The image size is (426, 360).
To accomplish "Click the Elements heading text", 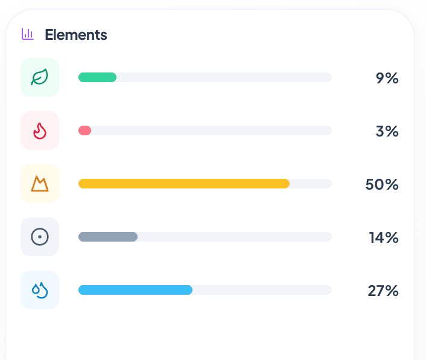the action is [76, 35].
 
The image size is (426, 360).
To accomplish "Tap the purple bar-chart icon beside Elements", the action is [27, 34].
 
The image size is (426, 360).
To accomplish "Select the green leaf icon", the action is [40, 77].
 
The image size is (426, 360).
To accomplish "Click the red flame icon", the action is [40, 131].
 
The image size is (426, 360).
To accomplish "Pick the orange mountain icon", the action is [40, 184].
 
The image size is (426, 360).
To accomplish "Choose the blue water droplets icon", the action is [40, 290].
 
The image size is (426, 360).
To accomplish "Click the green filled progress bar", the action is [97, 77].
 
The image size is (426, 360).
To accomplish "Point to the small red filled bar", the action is [84, 130].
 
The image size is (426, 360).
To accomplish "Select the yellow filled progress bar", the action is [184, 184].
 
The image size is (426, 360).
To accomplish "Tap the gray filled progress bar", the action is [108, 237].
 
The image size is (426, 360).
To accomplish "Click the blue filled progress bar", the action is [135, 290].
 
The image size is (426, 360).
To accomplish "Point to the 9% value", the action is [387, 78].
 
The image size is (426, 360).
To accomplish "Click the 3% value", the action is [387, 131].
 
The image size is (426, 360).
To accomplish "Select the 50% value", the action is [382, 184].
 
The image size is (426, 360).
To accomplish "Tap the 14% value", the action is [384, 237].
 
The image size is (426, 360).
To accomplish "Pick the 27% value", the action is [383, 291].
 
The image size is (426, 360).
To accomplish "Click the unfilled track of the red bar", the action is [211, 130].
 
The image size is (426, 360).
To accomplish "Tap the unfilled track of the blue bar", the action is [262, 290].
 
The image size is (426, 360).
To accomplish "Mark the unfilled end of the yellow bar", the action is [311, 184].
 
